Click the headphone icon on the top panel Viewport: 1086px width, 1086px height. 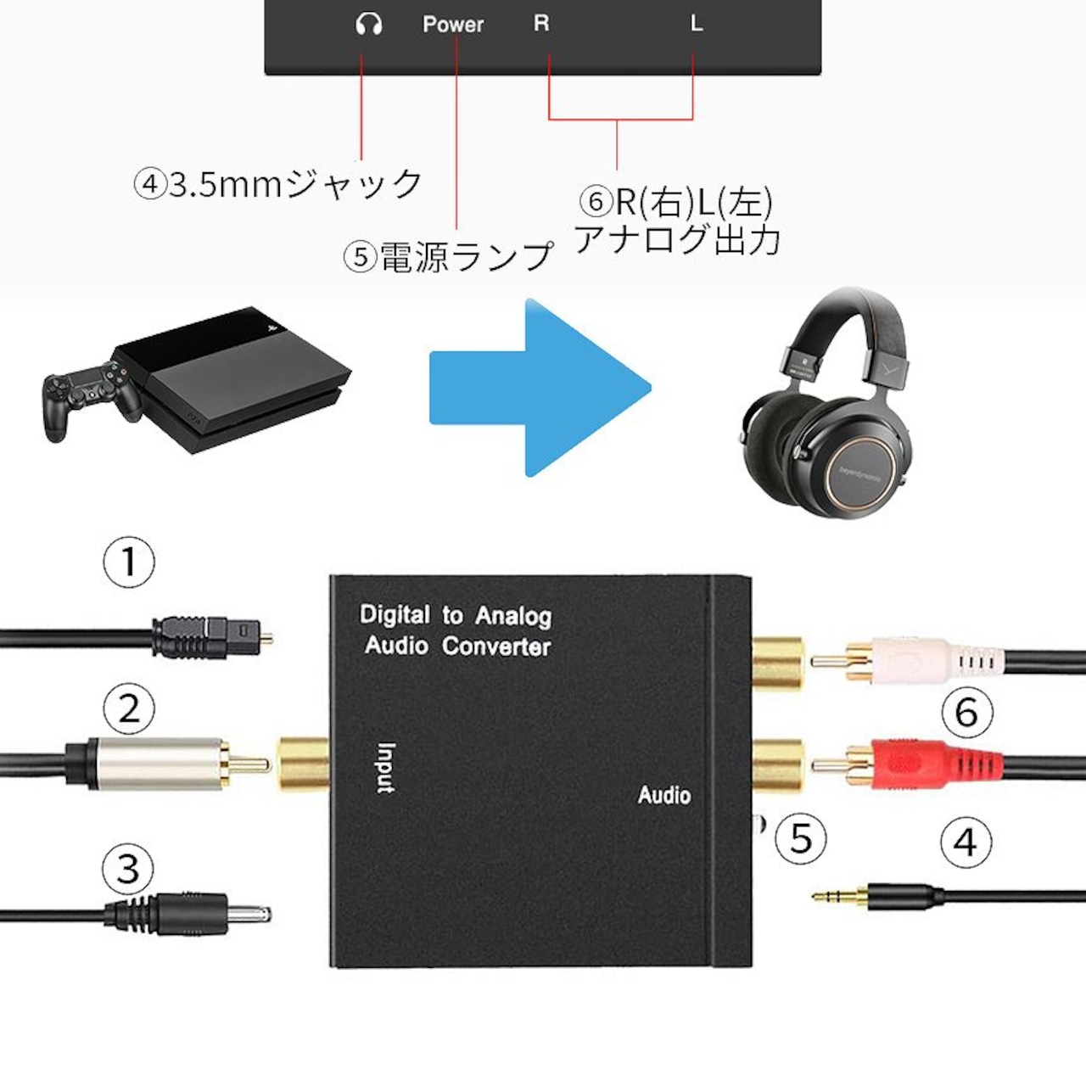pyautogui.click(x=369, y=25)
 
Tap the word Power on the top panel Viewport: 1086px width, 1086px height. pyautogui.click(x=453, y=25)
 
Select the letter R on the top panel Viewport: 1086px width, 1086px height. pyautogui.click(x=541, y=23)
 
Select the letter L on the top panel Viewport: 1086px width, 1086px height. pyautogui.click(x=697, y=23)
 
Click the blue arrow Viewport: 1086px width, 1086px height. pyautogui.click(x=540, y=388)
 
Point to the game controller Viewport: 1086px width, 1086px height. pyautogui.click(x=92, y=399)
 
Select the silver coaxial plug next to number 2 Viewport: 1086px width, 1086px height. pyautogui.click(x=167, y=764)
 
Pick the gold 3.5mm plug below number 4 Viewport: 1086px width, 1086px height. pyautogui.click(x=876, y=894)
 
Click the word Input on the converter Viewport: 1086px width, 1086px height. pyautogui.click(x=386, y=768)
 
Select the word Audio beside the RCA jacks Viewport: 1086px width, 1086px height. pyautogui.click(x=664, y=795)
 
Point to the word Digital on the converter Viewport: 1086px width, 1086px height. pyautogui.click(x=395, y=614)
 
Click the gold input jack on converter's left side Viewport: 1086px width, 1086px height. pyautogui.click(x=302, y=764)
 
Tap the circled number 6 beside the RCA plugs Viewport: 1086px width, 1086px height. pyautogui.click(x=967, y=711)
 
